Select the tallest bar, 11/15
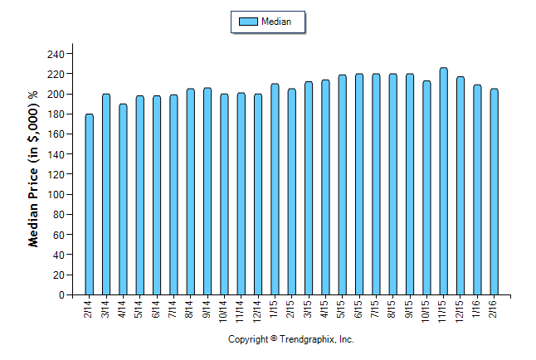coord(443,182)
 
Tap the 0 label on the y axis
coord(61,295)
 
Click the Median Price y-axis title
coord(34,169)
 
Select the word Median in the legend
coord(276,22)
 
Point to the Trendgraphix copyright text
coord(291,340)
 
